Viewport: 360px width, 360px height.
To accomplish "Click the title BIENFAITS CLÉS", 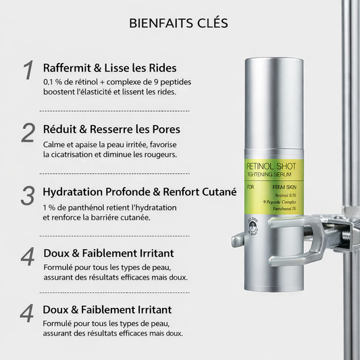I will tap(179, 23).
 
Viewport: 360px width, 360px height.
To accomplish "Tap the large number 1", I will tap(28, 71).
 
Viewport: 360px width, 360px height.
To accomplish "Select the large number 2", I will tap(28, 132).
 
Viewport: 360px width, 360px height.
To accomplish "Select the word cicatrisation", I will tap(72, 154).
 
